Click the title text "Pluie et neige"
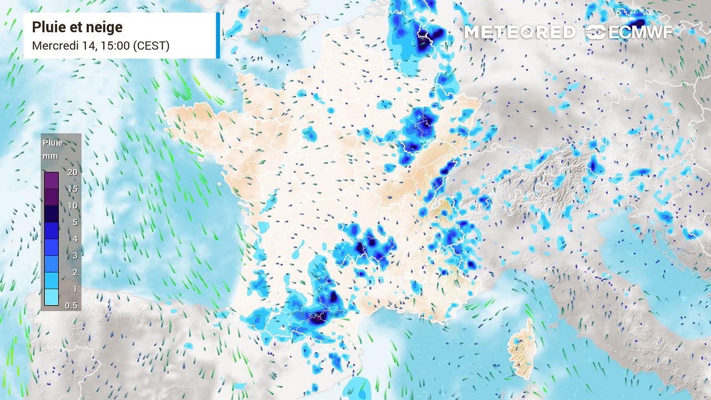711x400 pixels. (77, 27)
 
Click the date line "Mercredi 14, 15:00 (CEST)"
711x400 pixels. (101, 46)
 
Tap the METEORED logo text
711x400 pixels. (519, 32)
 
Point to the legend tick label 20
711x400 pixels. (72, 172)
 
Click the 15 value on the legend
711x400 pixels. (72, 189)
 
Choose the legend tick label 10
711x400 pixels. (72, 206)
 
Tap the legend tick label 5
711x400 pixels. (74, 222)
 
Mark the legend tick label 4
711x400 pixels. (74, 239)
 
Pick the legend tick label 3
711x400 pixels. (74, 256)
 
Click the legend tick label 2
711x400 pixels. (74, 272)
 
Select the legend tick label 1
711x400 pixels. (74, 289)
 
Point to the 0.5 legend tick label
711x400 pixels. (72, 306)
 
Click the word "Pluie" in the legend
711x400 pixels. (53, 143)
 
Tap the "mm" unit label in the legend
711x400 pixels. (51, 156)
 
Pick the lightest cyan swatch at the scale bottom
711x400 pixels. (52, 298)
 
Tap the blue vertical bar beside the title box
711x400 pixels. (218, 35)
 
